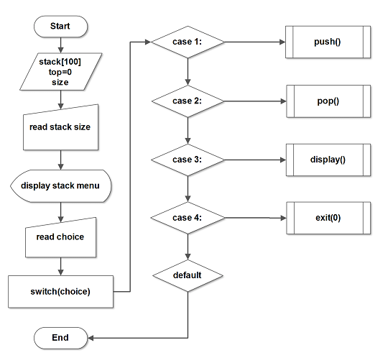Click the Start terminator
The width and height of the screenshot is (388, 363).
tap(60, 27)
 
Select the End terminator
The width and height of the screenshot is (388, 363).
tap(60, 338)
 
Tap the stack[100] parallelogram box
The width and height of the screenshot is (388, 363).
tap(60, 72)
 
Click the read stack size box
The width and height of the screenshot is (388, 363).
tap(60, 129)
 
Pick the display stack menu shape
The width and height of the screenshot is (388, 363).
tap(60, 186)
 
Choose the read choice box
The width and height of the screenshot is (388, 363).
tap(60, 238)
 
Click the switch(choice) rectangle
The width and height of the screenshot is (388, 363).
tap(60, 292)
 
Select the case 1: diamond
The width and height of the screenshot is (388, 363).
tap(188, 42)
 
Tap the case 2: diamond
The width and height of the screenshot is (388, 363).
tap(188, 101)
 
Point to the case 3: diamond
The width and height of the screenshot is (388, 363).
tap(188, 160)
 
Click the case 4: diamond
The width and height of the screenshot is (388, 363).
tap(188, 218)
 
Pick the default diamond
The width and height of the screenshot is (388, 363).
tap(188, 275)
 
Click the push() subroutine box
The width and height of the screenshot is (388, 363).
tap(328, 42)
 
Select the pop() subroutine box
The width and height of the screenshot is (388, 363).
tap(328, 101)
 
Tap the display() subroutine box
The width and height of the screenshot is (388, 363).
tap(328, 160)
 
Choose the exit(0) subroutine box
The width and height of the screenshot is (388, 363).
tap(328, 218)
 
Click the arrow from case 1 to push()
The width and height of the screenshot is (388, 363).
tap(255, 42)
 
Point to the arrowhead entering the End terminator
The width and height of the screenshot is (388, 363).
tap(91, 338)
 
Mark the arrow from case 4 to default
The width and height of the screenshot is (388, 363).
tap(188, 247)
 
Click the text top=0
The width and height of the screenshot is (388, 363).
tap(60, 72)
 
